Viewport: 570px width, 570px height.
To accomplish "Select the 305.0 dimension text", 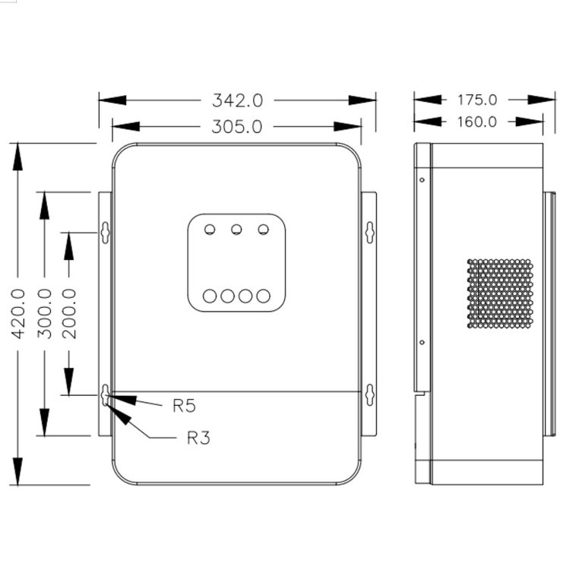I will click(x=236, y=127).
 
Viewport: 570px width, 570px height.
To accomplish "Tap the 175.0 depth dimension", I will click(x=477, y=100).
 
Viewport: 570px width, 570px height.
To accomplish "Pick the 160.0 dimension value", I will click(x=477, y=122).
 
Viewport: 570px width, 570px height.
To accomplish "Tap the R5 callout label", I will click(x=183, y=406).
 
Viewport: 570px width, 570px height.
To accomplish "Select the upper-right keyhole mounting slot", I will click(x=369, y=232).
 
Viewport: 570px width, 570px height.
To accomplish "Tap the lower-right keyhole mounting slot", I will click(x=369, y=395).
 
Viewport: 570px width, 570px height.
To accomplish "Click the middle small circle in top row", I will click(x=237, y=229).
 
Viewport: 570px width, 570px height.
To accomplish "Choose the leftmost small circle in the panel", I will click(x=211, y=229).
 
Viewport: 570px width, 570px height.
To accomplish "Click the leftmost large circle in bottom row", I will click(x=211, y=296).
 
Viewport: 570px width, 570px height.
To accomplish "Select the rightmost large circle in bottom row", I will click(x=263, y=296).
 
